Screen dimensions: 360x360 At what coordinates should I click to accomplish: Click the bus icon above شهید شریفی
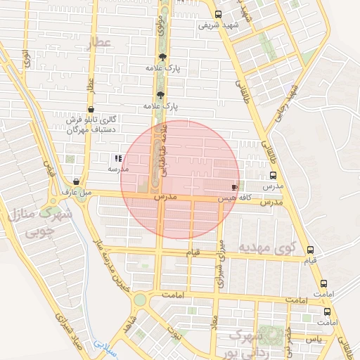(x=218, y=14)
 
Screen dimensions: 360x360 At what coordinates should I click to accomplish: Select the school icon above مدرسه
(x=118, y=159)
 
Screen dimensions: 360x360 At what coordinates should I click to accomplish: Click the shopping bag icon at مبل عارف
(x=76, y=181)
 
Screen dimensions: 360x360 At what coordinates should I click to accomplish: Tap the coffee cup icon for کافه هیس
(x=234, y=188)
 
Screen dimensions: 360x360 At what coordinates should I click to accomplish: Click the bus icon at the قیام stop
(x=311, y=250)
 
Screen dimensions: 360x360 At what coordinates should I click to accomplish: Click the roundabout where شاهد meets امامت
(x=141, y=300)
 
